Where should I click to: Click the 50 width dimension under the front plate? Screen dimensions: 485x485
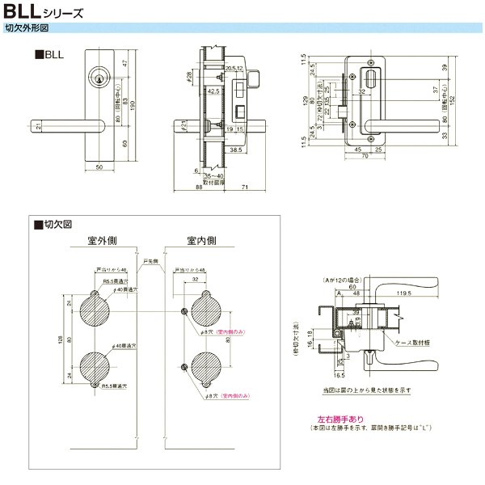point(99,166)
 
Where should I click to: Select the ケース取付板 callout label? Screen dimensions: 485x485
point(418,343)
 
